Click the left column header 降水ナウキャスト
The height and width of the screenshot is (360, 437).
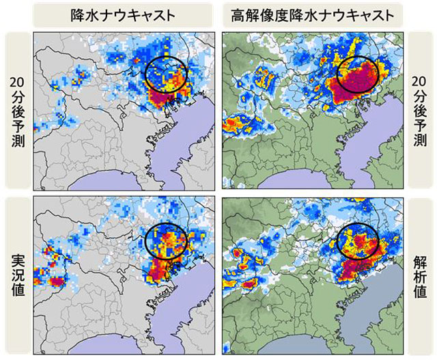click(124, 14)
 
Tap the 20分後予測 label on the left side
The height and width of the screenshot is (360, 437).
click(16, 110)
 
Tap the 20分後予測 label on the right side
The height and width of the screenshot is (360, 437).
click(421, 110)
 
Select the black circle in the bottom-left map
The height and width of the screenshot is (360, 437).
click(166, 239)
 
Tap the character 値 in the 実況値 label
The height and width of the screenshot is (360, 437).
click(16, 293)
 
